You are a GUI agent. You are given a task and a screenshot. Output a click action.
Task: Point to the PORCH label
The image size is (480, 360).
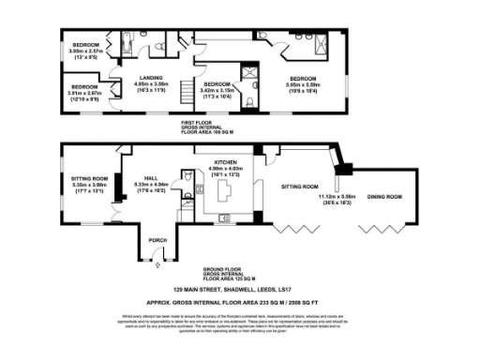[157, 240]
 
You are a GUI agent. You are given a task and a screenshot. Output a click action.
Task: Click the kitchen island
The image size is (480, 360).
[224, 192]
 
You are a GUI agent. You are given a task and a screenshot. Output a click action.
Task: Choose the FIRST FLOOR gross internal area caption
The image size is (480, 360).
[207, 124]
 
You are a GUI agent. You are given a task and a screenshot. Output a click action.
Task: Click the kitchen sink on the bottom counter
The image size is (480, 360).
[225, 218]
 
